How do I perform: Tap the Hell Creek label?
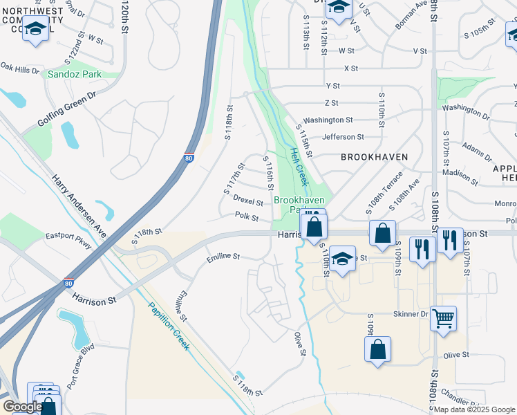[x=299, y=167]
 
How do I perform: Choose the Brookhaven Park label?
[x=299, y=204]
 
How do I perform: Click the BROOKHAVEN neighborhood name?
[x=374, y=157]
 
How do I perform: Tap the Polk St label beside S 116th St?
[x=246, y=218]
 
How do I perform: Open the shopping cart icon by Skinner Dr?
[x=443, y=318]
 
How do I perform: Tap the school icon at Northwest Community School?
[x=35, y=29]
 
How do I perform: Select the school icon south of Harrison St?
[x=341, y=259]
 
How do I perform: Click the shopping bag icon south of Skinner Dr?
[x=378, y=349]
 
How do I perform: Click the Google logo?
[x=22, y=407]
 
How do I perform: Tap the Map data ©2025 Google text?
[x=473, y=409]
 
